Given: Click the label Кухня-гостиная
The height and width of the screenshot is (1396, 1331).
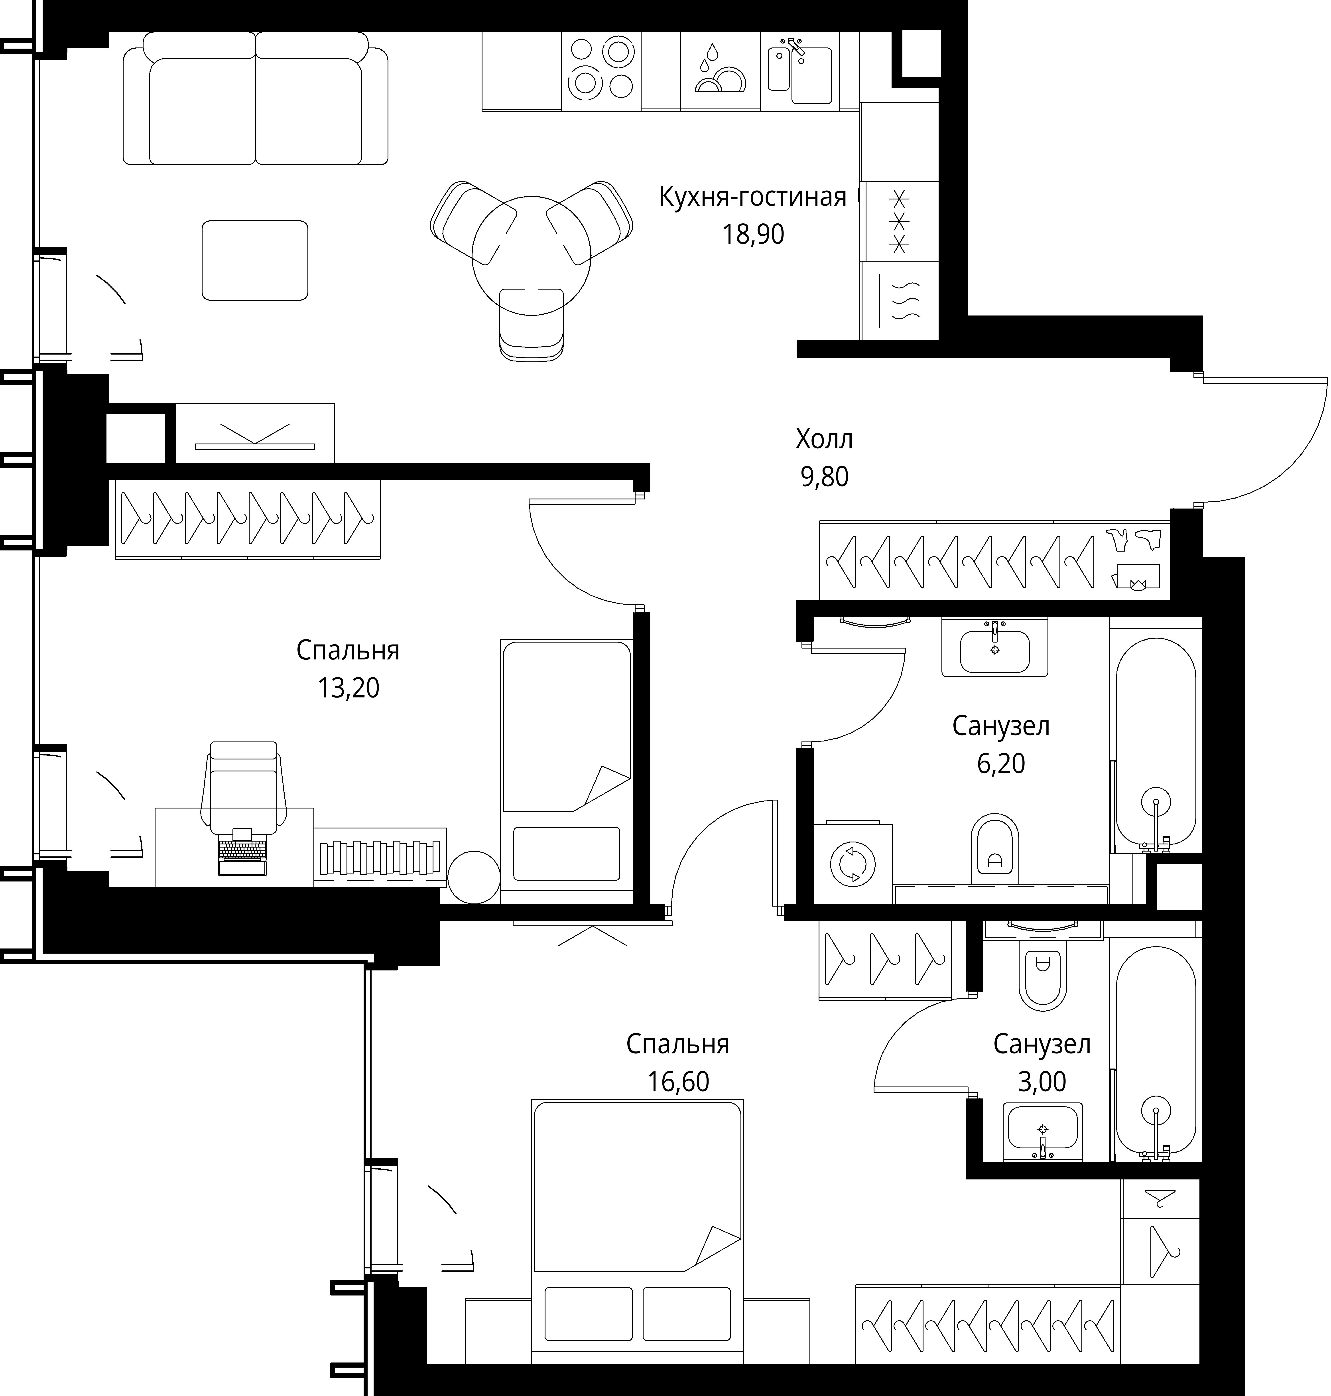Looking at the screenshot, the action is pos(753,197).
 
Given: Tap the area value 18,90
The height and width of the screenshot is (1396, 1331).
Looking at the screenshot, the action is pos(753,234).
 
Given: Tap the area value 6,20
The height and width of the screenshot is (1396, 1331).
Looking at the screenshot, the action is pos(1000,764).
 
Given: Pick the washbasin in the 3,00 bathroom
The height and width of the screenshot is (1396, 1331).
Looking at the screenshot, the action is pos(1042,1132).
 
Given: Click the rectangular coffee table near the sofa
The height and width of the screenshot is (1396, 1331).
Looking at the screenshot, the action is pos(255,260).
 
